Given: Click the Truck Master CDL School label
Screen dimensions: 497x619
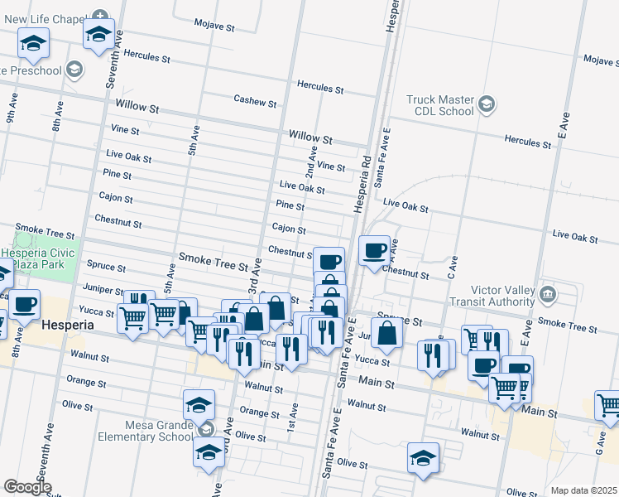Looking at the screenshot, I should pos(439,105).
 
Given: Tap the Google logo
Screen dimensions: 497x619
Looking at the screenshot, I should pos(28,487).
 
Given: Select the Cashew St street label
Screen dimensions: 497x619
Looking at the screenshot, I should pos(254,101).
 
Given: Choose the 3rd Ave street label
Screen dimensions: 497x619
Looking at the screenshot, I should pos(256,273).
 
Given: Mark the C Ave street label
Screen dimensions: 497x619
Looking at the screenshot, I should pos(453,266).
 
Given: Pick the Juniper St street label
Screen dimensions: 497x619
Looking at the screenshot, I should pos(103,288).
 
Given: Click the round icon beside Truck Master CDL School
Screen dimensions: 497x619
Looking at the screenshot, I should pos(487,104).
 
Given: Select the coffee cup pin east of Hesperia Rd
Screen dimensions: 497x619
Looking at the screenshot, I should pos(374,250).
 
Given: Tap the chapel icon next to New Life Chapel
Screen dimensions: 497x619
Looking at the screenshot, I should pos(100,16).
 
